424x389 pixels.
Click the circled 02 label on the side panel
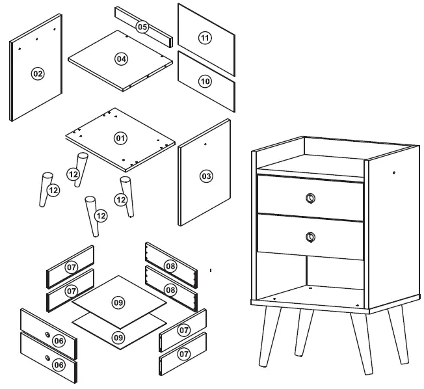[37, 74]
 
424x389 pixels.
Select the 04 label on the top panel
[121, 59]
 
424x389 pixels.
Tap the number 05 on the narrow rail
[142, 27]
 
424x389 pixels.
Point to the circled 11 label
[205, 38]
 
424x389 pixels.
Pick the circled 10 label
[205, 81]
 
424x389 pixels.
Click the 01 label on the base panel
[120, 138]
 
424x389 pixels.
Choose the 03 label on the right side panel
[206, 176]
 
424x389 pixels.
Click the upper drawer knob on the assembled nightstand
[310, 198]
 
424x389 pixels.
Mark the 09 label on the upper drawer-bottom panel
[118, 302]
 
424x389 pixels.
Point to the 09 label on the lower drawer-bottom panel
[118, 337]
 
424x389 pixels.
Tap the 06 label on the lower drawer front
[59, 365]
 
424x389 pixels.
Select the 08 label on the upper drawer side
[170, 266]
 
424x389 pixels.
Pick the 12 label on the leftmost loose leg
[53, 191]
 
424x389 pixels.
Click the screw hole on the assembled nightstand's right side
[394, 173]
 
